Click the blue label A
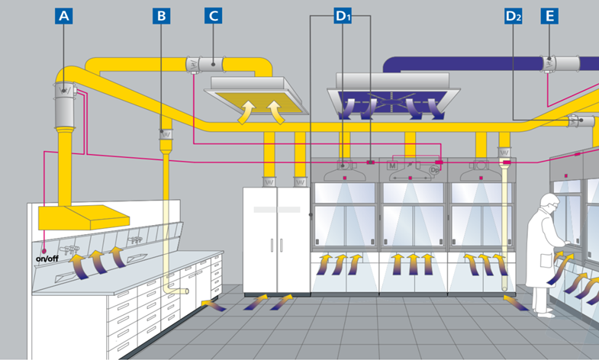(64, 15)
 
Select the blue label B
(160, 15)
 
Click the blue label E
(549, 15)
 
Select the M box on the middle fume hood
(392, 165)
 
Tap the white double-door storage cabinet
(276, 239)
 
